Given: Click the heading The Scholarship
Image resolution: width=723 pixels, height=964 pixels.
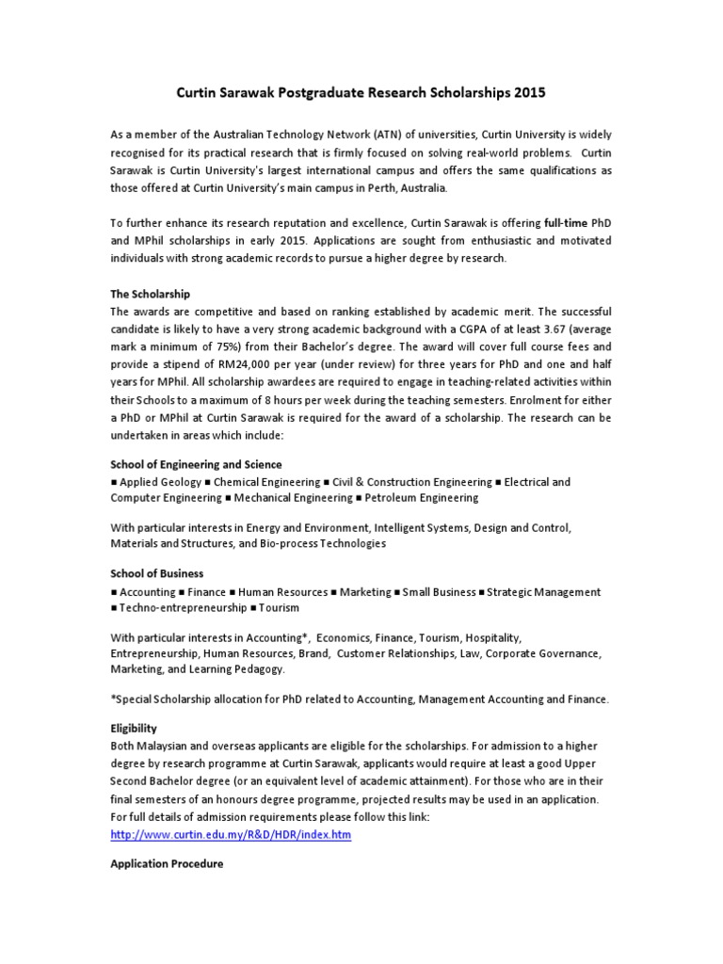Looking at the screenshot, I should pos(151,295).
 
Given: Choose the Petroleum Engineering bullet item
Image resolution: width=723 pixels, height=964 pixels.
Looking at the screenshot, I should pos(421,498).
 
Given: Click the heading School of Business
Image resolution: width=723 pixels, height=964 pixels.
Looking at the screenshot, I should pos(156,572).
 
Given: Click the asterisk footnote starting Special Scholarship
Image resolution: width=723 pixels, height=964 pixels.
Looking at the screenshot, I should pos(360,699).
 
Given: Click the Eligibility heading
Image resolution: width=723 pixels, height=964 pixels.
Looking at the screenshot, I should pos(134,728).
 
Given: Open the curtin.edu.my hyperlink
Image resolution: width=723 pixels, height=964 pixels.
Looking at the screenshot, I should pos(231,835).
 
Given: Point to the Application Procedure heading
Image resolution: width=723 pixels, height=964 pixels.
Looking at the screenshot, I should pos(167,863).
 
